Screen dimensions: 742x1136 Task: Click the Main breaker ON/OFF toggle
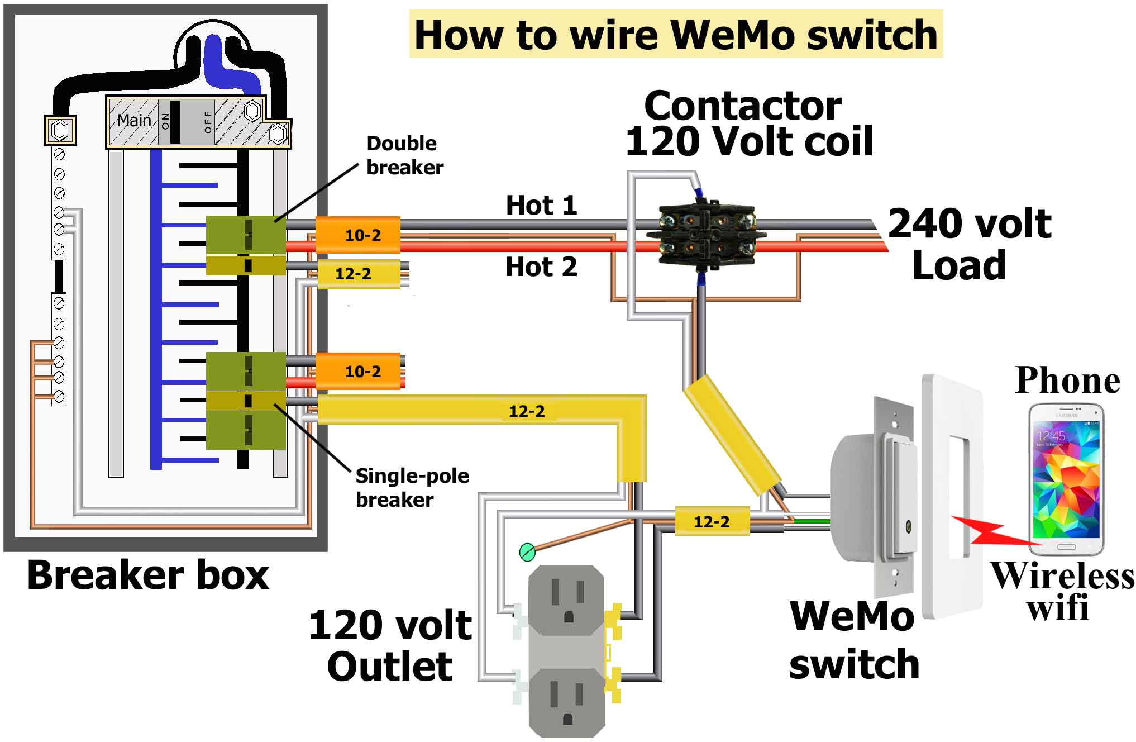(175, 122)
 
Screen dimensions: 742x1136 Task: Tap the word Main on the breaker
(134, 120)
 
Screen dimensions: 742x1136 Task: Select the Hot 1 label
(541, 206)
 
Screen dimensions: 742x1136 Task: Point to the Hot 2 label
(541, 267)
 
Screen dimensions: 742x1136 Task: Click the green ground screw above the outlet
(527, 552)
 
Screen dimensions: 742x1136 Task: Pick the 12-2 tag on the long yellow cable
(526, 411)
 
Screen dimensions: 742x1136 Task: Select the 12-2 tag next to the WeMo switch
(712, 522)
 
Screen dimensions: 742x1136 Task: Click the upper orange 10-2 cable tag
(362, 235)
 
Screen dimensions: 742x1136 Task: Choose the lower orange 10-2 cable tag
(362, 372)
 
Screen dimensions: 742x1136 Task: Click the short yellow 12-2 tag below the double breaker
(353, 274)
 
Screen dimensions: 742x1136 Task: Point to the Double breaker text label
(404, 155)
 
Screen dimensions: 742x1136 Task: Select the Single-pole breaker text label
(412, 487)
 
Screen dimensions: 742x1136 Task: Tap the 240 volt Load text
(969, 244)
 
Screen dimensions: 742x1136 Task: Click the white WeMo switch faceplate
(953, 497)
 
